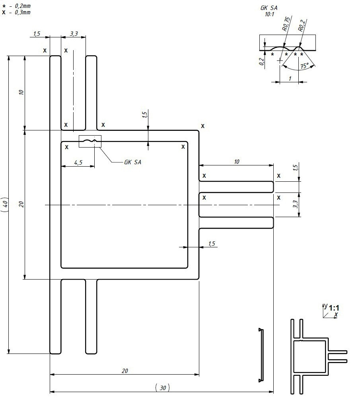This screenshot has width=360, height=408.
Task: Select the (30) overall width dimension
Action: [x=162, y=388]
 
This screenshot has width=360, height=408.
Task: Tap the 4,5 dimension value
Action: [x=78, y=162]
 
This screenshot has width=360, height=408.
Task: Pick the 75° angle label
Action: [x=305, y=66]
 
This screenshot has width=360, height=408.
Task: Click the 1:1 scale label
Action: [x=334, y=308]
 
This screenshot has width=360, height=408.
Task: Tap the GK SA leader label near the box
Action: [x=132, y=162]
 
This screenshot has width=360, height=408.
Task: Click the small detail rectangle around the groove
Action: [x=90, y=141]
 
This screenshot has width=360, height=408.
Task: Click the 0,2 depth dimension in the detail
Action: [x=261, y=62]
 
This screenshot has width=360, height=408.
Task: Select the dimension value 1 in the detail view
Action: [x=290, y=79]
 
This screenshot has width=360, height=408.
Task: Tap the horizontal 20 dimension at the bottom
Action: [x=125, y=371]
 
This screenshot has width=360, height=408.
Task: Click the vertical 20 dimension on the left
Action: [x=21, y=204]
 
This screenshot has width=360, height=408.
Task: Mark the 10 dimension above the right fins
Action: [x=237, y=161]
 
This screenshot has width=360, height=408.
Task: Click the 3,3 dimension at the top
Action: [x=74, y=34]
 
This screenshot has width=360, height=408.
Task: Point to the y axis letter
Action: [x=325, y=305]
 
